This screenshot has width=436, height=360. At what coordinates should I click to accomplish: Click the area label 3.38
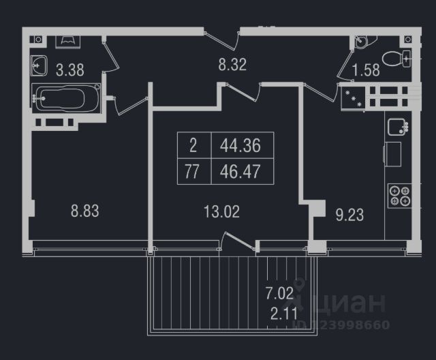pyautogui.click(x=69, y=68)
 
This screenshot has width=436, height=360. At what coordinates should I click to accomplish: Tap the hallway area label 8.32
pyautogui.click(x=232, y=65)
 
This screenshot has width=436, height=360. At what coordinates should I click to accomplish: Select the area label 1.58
pyautogui.click(x=366, y=69)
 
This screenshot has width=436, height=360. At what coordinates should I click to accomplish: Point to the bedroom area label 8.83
pyautogui.click(x=85, y=211)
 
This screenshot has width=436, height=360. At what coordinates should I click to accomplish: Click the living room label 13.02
pyautogui.click(x=221, y=211)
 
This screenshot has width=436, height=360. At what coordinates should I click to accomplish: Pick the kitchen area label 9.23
pyautogui.click(x=350, y=215)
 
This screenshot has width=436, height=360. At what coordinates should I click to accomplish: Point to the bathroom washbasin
pyautogui.click(x=40, y=66)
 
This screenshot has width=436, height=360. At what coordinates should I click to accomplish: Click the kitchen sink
pyautogui.click(x=396, y=126)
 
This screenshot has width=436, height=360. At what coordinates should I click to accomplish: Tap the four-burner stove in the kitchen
pyautogui.click(x=398, y=196)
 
